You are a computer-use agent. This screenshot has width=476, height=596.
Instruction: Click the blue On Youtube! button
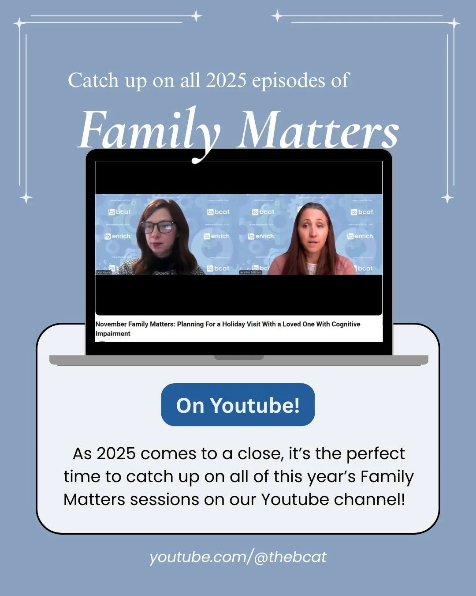tap(238, 405)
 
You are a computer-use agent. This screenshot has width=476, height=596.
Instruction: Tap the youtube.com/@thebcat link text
tap(238, 557)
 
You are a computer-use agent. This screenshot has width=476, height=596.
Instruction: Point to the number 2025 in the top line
tap(226, 80)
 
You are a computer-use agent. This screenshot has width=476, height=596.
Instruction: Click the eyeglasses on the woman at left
tap(158, 227)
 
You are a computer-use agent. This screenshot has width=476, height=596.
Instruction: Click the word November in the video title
tap(111, 324)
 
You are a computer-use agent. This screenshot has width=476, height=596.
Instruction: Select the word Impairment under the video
tap(113, 334)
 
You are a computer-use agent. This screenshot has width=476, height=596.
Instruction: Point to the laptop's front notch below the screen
tap(238, 357)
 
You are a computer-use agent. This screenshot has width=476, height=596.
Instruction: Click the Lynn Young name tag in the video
tap(104, 272)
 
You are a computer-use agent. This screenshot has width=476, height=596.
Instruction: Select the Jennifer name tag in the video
tap(250, 272)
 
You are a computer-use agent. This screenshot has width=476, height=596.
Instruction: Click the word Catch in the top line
tap(93, 80)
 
